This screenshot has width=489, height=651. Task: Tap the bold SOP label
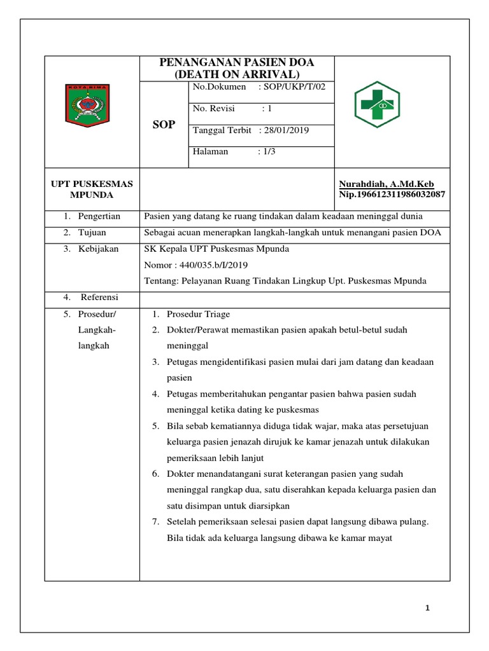(x=164, y=125)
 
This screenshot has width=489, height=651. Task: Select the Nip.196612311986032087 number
(x=392, y=194)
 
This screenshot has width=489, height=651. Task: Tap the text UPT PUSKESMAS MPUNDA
(x=92, y=189)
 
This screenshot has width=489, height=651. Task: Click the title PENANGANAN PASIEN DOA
(x=236, y=62)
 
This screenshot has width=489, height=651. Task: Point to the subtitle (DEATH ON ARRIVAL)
(x=236, y=74)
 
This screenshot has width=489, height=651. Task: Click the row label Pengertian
(x=99, y=216)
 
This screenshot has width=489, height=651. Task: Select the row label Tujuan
(x=92, y=233)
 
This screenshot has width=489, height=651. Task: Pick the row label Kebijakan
(x=98, y=249)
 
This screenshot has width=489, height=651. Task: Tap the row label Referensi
(x=99, y=297)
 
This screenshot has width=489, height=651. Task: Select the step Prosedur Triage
(x=198, y=314)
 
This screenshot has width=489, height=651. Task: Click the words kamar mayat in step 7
(x=368, y=538)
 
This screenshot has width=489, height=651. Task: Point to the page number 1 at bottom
(x=429, y=608)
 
